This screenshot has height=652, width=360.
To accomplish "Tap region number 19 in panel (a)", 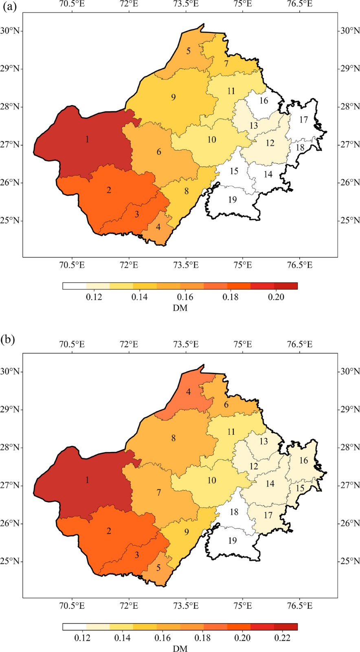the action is (x=233, y=200).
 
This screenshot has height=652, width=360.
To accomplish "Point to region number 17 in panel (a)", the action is (x=303, y=120).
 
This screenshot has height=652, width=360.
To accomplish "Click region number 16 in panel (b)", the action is (x=303, y=460).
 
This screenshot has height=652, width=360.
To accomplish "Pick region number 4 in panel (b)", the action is (x=189, y=392).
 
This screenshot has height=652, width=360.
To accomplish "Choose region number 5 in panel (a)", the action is (x=189, y=51).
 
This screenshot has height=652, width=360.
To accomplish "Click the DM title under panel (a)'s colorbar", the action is (x=180, y=308).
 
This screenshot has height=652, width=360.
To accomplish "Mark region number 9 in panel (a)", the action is (x=173, y=97).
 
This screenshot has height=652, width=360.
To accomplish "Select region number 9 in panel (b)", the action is (x=187, y=532).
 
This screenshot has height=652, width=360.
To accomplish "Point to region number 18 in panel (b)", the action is (x=234, y=512).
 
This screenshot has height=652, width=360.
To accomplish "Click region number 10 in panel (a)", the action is (x=212, y=140).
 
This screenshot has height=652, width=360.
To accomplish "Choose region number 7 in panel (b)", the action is (x=159, y=493).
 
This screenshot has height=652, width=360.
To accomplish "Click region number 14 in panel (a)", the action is (x=268, y=174).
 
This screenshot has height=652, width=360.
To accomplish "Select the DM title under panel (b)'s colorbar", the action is (x=180, y=648).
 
